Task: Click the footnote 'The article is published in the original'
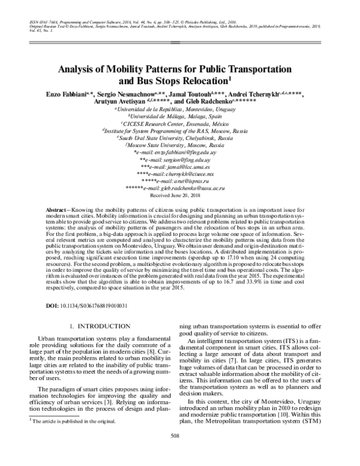tap(75, 421)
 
